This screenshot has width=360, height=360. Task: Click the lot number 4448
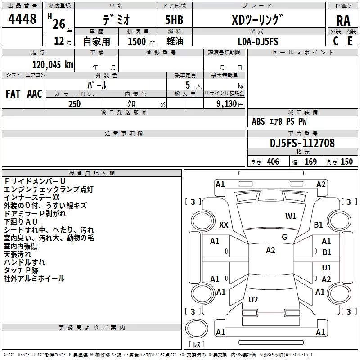click(22, 19)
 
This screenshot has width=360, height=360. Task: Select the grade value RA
click(343, 20)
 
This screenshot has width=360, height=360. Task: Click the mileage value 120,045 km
click(53, 65)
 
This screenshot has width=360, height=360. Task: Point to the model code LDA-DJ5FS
click(258, 41)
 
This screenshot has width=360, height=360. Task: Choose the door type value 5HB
click(174, 20)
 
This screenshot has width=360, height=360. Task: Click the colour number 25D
click(75, 103)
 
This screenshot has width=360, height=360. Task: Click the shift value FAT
click(13, 94)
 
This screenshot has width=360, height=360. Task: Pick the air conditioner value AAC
click(35, 94)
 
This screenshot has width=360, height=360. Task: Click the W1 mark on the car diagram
click(291, 216)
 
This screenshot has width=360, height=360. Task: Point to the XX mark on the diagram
click(224, 225)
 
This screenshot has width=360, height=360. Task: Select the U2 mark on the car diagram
click(253, 299)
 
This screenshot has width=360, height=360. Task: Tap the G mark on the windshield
click(284, 237)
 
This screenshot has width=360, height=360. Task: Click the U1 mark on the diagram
click(327, 268)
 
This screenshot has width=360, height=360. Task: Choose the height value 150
click(346, 162)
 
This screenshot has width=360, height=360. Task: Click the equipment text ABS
click(258, 121)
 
